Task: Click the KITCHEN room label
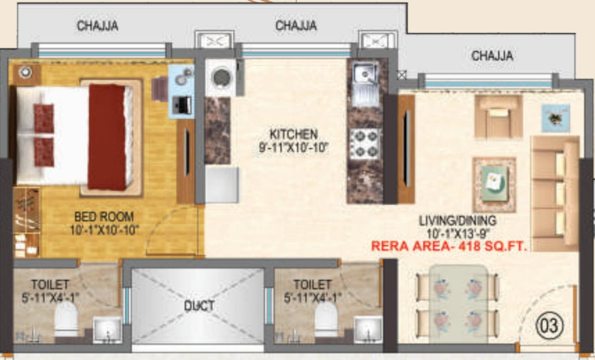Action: (293, 134)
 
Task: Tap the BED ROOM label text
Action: (104, 216)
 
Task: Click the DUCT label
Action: (199, 306)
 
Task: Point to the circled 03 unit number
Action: (549, 325)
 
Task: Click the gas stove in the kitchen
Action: (365, 144)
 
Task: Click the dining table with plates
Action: (458, 304)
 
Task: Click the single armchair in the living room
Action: (498, 116)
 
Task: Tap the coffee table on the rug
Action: (494, 184)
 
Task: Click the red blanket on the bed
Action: (107, 137)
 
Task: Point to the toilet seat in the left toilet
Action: (66, 319)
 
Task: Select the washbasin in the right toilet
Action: (368, 329)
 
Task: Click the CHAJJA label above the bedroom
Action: (97, 25)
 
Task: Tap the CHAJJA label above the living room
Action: (492, 55)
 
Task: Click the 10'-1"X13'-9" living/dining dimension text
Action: (458, 234)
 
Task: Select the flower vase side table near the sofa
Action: (556, 117)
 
